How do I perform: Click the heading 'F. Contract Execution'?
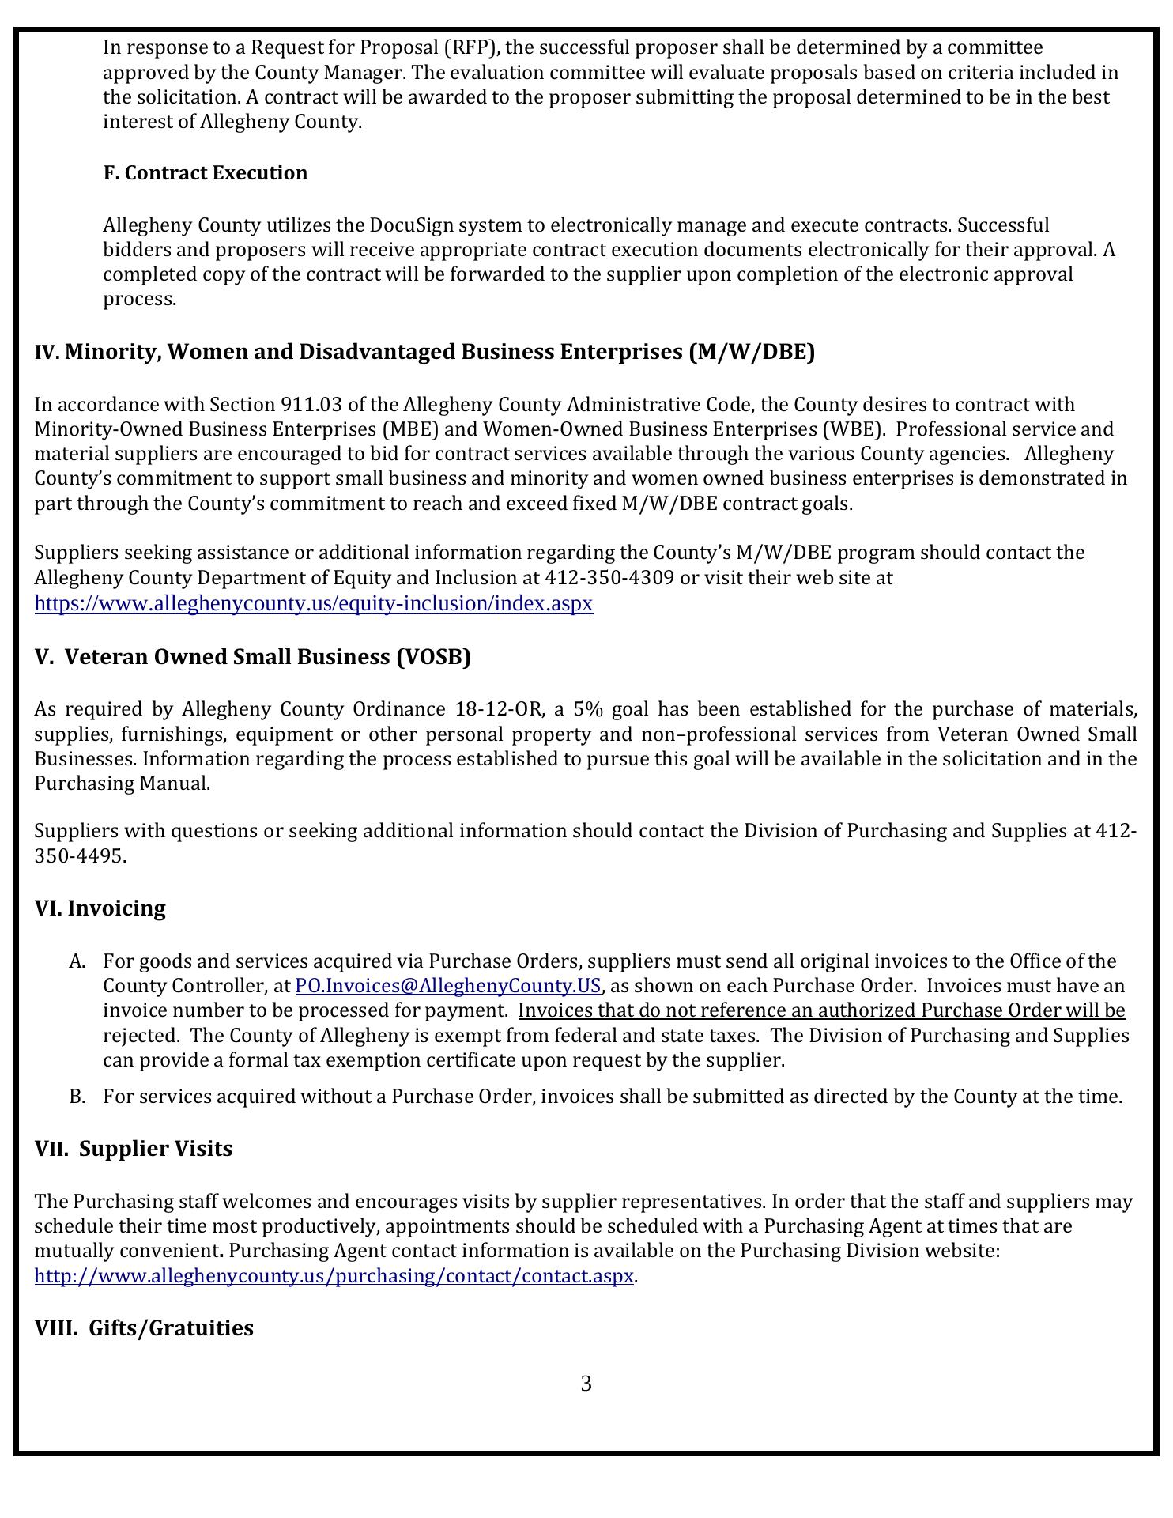205,173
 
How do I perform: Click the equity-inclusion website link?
313,604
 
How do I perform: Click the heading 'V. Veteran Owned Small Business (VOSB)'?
252,657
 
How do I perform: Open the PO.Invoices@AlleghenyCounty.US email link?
447,986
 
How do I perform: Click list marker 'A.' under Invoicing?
77,961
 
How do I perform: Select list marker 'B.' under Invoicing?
77,1097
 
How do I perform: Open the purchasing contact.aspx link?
334,1276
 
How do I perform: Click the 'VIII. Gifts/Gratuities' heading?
144,1328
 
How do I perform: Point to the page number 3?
586,1384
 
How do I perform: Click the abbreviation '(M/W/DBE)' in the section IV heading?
752,352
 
